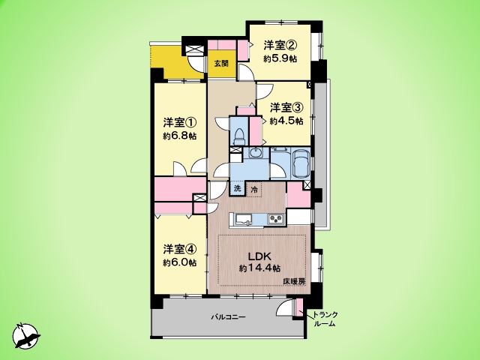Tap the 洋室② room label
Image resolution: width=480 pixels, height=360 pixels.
pyautogui.click(x=280, y=46)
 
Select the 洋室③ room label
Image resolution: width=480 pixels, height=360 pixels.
pyautogui.click(x=286, y=108)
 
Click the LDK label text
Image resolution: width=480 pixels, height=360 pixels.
pyautogui.click(x=259, y=256)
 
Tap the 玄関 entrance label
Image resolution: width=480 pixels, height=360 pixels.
pyautogui.click(x=221, y=64)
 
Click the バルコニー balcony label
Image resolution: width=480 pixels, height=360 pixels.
pyautogui.click(x=228, y=316)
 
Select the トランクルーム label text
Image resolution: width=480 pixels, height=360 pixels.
pyautogui.click(x=325, y=319)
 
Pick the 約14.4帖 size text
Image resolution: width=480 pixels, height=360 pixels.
pyautogui.click(x=259, y=268)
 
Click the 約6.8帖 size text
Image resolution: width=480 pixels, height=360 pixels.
pyautogui.click(x=180, y=136)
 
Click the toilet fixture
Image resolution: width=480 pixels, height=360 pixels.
pyautogui.click(x=238, y=136)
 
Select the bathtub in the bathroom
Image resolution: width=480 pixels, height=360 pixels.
pyautogui.click(x=301, y=163)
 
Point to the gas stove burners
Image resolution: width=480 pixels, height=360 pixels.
pyautogui.click(x=276, y=218)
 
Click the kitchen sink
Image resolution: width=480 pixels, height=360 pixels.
pyautogui.click(x=243, y=219)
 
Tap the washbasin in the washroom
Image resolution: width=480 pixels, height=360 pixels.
pyautogui.click(x=254, y=152)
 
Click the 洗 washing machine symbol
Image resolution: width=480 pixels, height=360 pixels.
pyautogui.click(x=238, y=189)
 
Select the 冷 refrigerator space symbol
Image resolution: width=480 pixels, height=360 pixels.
pyautogui.click(x=254, y=190)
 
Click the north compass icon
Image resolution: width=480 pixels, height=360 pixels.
pyautogui.click(x=26, y=336)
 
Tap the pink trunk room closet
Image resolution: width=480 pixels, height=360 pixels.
pyautogui.click(x=299, y=307)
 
